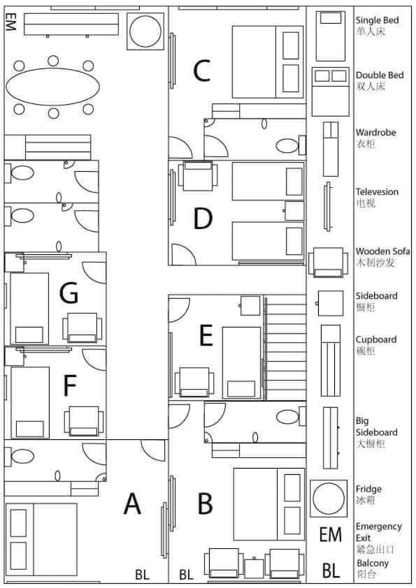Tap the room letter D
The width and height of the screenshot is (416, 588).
coord(203,219)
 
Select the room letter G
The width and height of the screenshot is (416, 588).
coord(69,293)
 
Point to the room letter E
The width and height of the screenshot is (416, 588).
coord(206,335)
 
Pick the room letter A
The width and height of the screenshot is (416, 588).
coord(132,504)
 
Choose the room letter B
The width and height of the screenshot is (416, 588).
coord(205,504)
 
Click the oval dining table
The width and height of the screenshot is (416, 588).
coord(52,87)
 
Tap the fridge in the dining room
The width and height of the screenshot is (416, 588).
coord(145,31)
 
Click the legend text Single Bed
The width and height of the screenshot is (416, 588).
coord(377,20)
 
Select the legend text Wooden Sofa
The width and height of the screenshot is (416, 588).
coord(382,251)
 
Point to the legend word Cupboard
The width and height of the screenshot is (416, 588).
coord(376,340)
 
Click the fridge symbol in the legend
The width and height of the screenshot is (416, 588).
coord(329,499)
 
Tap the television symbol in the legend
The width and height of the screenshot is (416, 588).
coord(328,207)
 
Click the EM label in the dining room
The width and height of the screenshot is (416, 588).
coord(11,22)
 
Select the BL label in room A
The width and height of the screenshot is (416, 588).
coord(142,575)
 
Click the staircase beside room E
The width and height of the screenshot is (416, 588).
coord(285,347)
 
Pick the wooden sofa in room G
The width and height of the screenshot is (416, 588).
coord(83,328)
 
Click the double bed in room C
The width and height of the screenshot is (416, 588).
coord(268,62)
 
